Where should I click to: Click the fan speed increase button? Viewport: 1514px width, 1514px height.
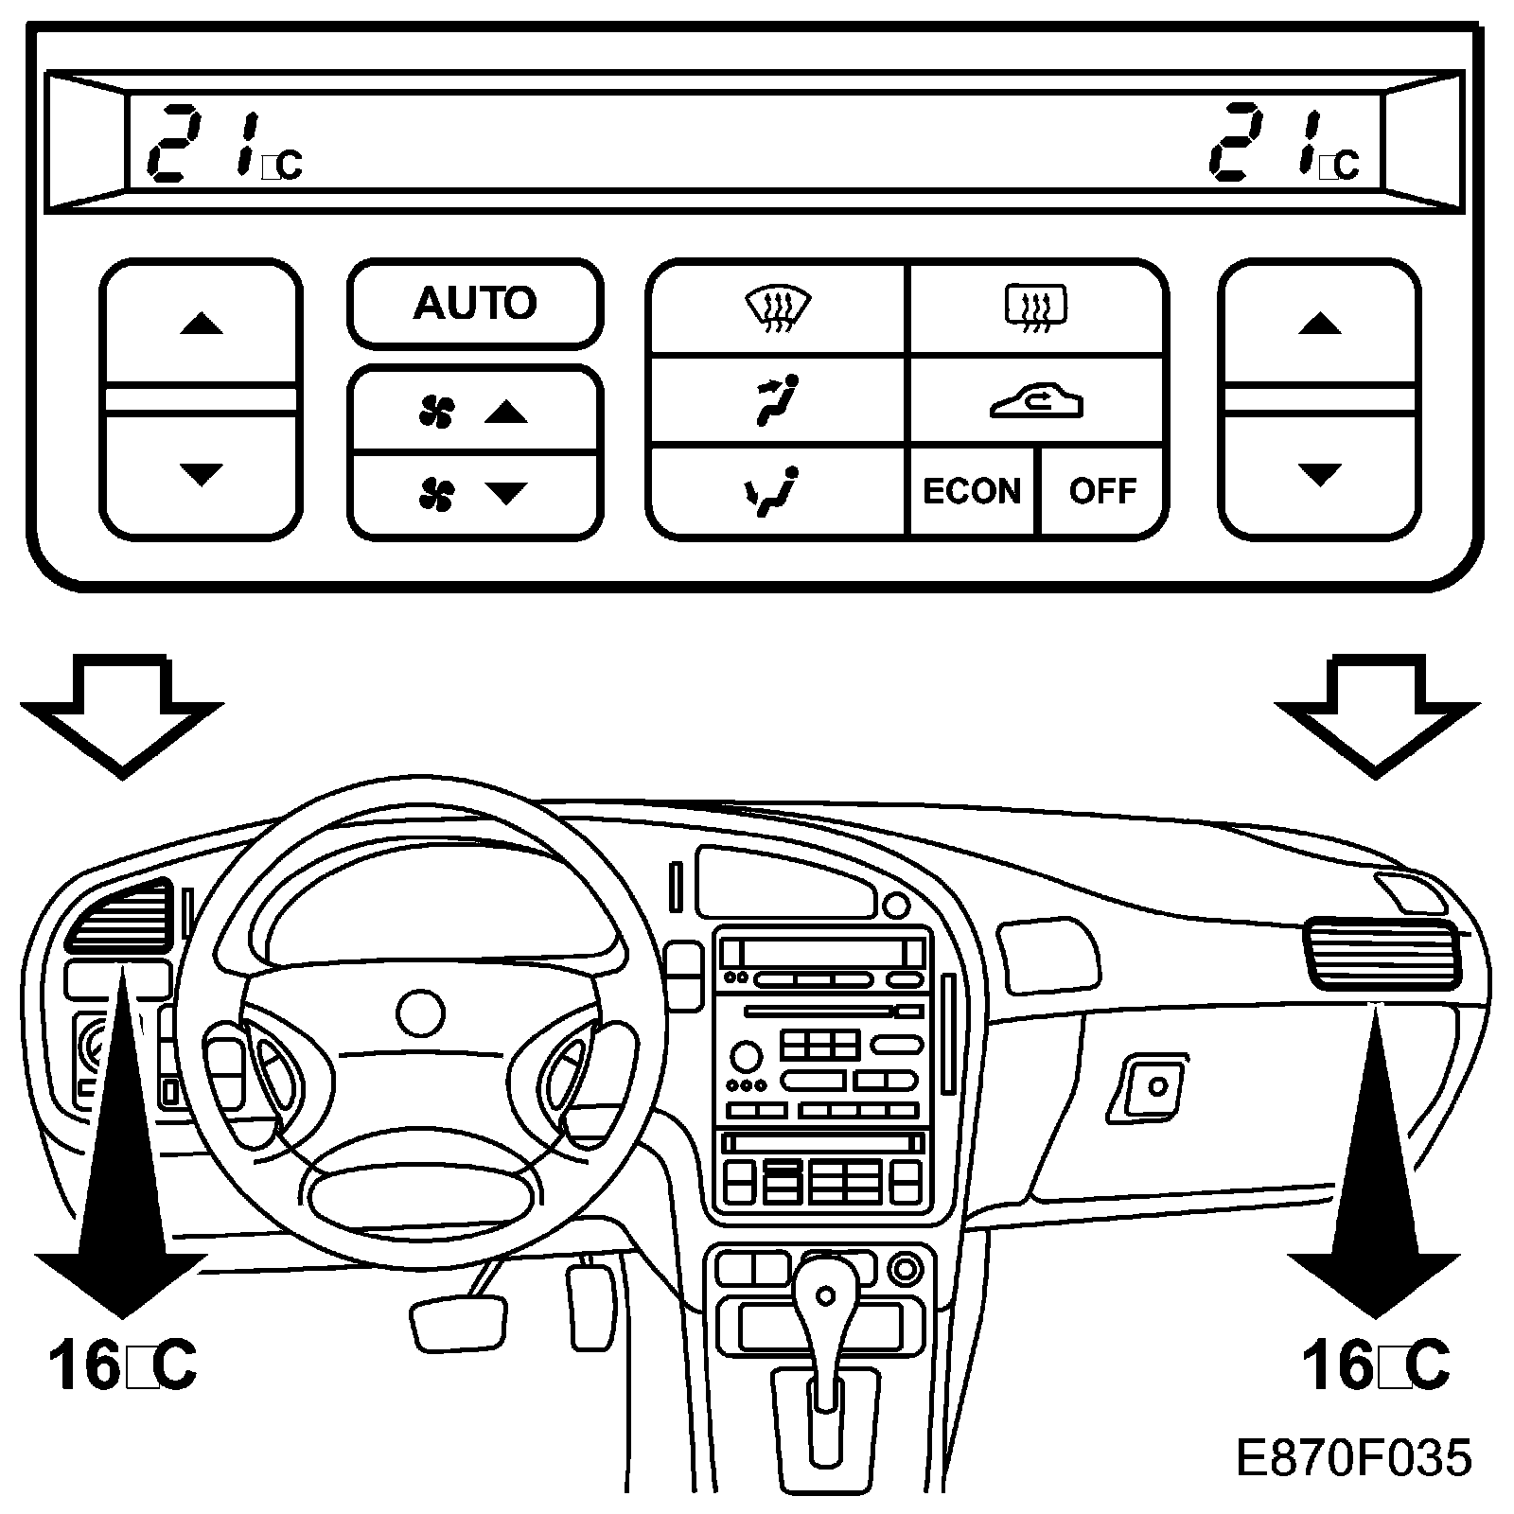pos(474,411)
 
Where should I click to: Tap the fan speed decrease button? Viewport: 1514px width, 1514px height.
pos(474,493)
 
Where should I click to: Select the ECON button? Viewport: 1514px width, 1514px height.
pos(972,491)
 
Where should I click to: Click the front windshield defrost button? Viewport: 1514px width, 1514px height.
pos(778,309)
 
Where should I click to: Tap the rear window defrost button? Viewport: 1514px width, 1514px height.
pos(1035,309)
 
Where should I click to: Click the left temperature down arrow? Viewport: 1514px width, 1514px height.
pos(201,473)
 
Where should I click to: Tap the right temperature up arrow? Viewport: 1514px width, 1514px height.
pos(1319,325)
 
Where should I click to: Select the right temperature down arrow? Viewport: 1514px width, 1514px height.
pos(1319,473)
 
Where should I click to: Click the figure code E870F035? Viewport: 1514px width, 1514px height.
pos(1353,1458)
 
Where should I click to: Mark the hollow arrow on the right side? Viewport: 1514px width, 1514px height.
pos(1377,712)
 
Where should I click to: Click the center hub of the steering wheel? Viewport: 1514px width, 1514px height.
pos(420,1013)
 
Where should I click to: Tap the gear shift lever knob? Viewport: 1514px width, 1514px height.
pos(826,1295)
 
